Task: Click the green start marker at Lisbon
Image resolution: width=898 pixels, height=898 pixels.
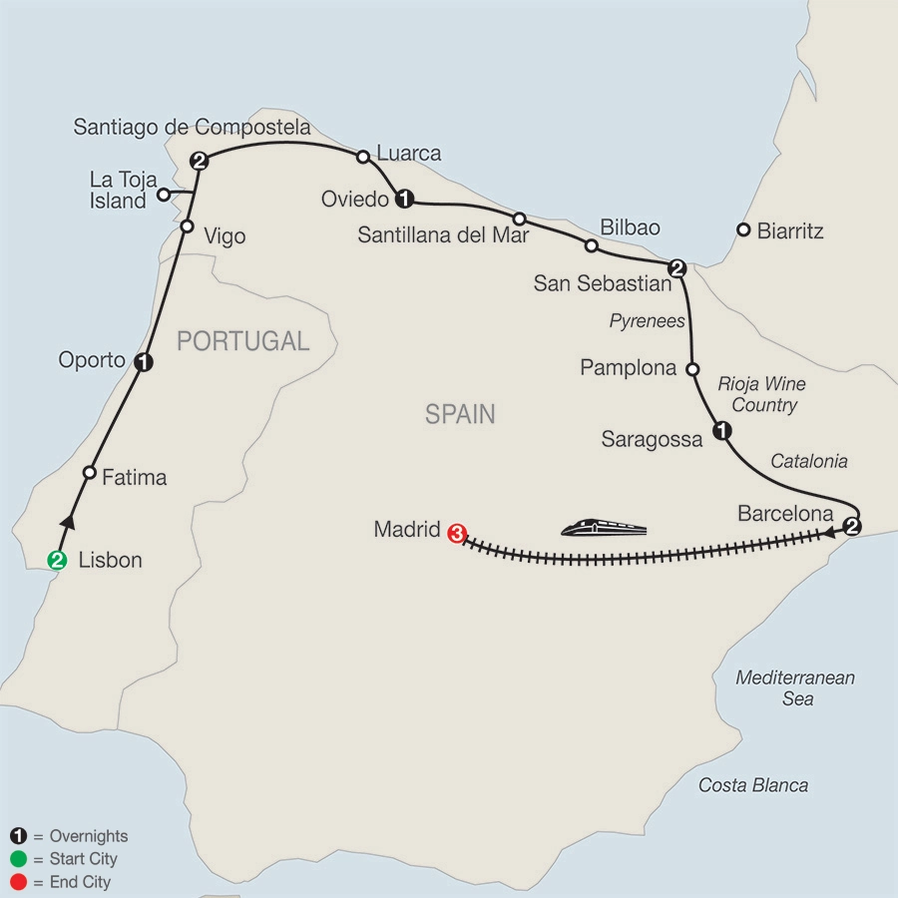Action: pyautogui.click(x=58, y=560)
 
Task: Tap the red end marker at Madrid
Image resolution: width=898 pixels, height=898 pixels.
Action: pyautogui.click(x=457, y=533)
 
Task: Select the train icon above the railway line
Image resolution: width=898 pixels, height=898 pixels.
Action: pyautogui.click(x=604, y=527)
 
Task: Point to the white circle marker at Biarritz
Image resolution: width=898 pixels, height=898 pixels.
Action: pyautogui.click(x=742, y=230)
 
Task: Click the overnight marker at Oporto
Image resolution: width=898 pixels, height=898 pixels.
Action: pyautogui.click(x=143, y=362)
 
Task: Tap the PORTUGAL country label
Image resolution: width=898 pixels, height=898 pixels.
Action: pyautogui.click(x=242, y=341)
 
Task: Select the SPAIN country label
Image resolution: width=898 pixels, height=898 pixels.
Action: pyautogui.click(x=460, y=414)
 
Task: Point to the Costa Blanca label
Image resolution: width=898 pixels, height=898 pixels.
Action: pyautogui.click(x=753, y=785)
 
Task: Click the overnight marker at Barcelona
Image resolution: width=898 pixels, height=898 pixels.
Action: pyautogui.click(x=852, y=527)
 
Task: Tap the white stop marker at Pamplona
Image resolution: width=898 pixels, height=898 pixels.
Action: pyautogui.click(x=691, y=368)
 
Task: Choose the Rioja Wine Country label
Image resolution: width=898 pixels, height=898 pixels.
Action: pyautogui.click(x=761, y=395)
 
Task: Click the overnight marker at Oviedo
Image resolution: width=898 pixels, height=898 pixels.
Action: pyautogui.click(x=404, y=199)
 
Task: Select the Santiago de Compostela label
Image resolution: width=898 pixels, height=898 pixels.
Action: pyautogui.click(x=192, y=128)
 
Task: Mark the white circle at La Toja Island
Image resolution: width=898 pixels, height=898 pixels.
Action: pyautogui.click(x=163, y=194)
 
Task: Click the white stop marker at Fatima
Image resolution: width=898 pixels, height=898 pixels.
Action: pyautogui.click(x=90, y=473)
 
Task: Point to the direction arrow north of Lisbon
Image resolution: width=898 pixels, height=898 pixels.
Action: pyautogui.click(x=69, y=520)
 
